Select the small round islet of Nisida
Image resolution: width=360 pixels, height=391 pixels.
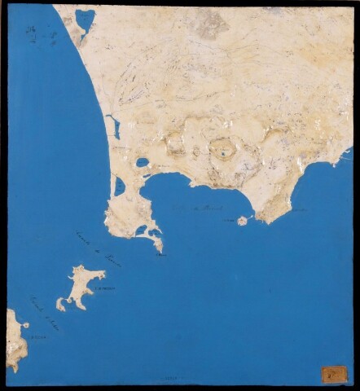click(x=242, y=221)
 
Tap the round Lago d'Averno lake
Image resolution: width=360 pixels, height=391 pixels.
click(x=143, y=162)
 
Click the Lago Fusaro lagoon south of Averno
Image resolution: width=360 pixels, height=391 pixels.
click(x=120, y=187)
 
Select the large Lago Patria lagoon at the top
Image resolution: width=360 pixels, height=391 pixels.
click(x=85, y=18)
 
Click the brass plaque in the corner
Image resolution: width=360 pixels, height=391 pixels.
click(x=334, y=374)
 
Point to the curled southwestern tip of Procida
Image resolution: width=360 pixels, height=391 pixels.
click(x=60, y=304)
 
